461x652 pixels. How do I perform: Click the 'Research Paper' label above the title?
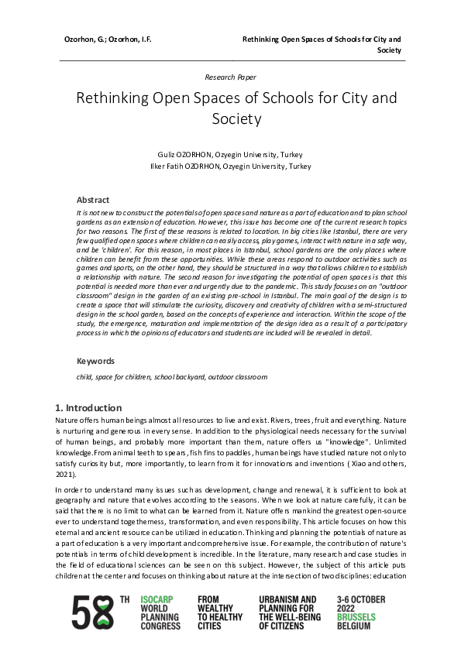point(230,77)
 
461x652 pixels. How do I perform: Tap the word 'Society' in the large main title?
point(236,118)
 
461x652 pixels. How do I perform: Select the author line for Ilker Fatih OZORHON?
point(230,166)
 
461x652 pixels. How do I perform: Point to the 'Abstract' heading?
point(93,200)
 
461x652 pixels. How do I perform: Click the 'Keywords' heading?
point(95,361)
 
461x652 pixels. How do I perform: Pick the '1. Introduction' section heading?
point(88,407)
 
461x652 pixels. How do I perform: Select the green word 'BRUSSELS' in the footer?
point(360,617)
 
